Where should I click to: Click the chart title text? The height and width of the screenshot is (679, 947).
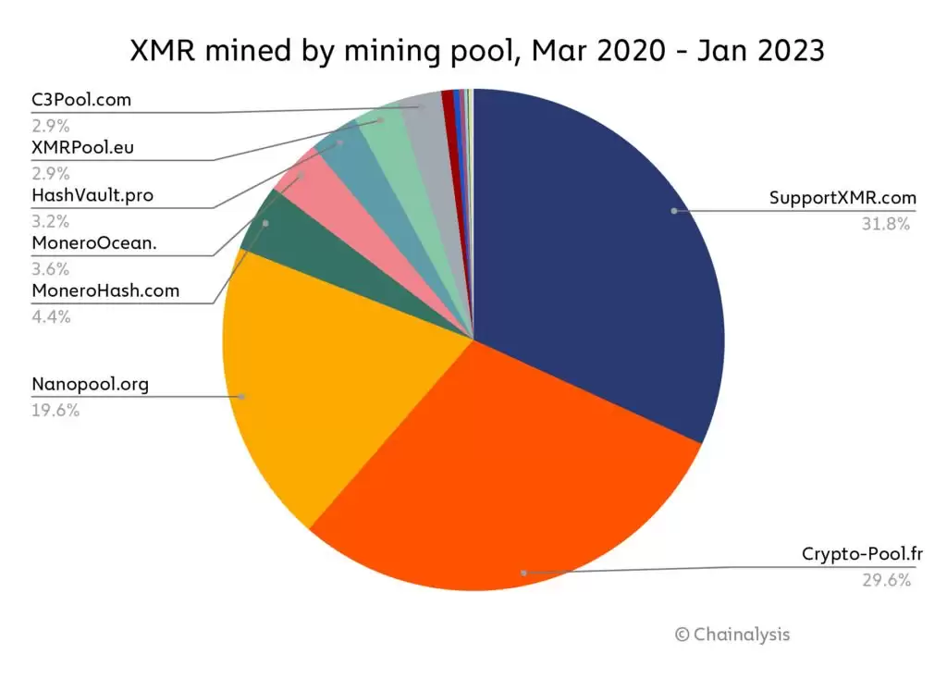pos(473,51)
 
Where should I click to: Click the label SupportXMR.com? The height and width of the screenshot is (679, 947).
pos(842,198)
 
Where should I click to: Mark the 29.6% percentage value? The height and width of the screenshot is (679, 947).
pos(888,580)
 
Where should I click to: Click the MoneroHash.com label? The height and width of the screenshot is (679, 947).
pos(105,291)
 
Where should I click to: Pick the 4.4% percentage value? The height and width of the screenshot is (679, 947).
pos(51,316)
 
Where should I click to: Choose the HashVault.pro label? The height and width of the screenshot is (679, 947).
pos(92,195)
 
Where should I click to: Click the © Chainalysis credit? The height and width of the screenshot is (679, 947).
pos(732,635)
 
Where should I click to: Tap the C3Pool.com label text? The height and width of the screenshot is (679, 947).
pos(81,100)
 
